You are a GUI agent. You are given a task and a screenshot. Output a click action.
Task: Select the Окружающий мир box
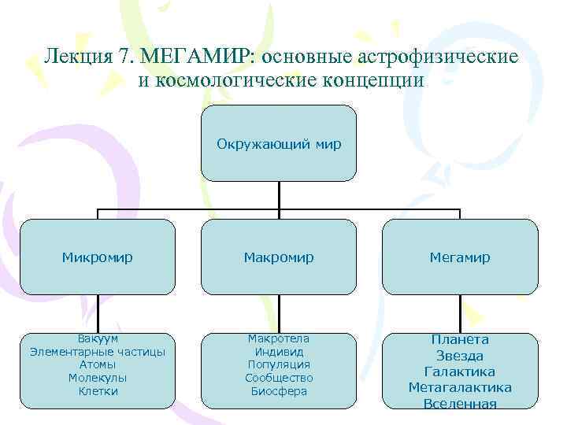[x=279, y=143]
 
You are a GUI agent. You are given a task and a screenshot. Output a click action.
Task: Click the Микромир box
[x=98, y=257]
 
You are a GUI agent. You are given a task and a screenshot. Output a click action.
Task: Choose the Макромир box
[x=279, y=257]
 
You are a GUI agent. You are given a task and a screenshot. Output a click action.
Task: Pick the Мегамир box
[x=460, y=257]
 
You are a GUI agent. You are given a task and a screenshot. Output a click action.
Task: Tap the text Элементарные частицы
[x=98, y=352]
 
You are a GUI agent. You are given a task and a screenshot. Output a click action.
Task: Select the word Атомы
[x=98, y=365]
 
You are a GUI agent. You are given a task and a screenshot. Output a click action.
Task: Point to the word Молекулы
[x=98, y=378]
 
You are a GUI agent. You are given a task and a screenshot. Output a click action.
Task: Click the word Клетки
[x=98, y=391]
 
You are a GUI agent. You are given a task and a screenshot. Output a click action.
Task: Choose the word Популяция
[x=279, y=365]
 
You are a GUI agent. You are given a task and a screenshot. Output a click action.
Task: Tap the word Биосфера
[x=279, y=391]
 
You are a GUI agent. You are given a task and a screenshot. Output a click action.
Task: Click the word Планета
[x=460, y=339]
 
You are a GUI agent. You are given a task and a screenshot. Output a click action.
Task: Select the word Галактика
[x=460, y=371]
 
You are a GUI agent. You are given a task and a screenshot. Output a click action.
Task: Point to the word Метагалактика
[x=460, y=387]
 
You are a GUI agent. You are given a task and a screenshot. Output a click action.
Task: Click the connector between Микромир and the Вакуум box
[x=98, y=314]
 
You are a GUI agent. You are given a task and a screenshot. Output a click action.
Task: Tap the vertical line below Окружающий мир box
[x=279, y=195]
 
